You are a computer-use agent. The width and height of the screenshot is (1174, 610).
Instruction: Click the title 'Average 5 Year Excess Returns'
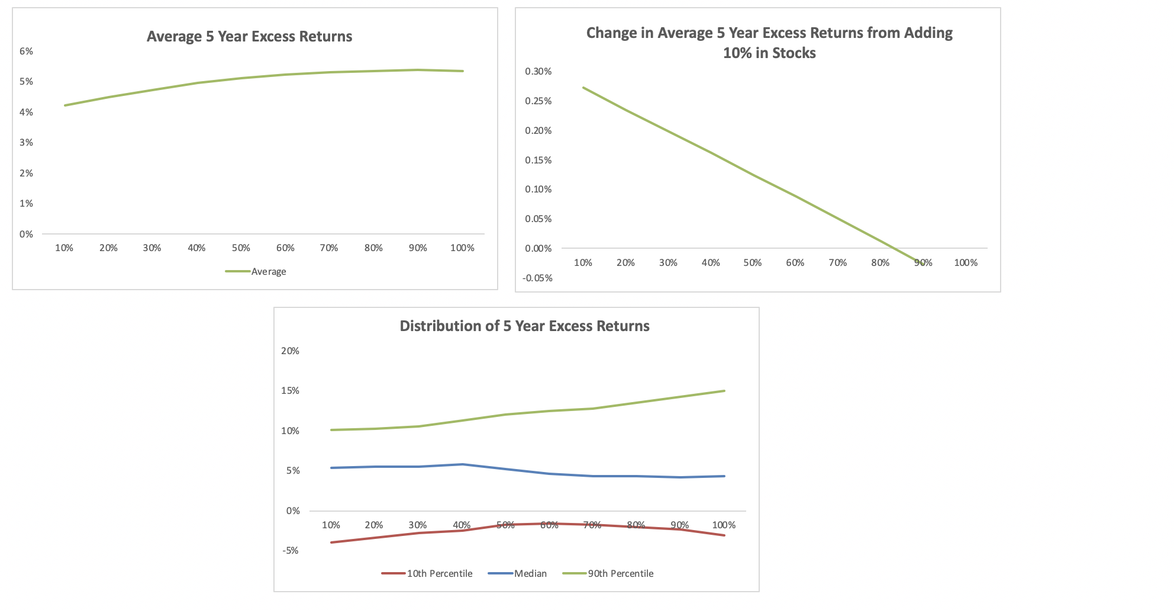[249, 37]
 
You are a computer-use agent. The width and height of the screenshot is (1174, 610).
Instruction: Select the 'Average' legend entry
[267, 272]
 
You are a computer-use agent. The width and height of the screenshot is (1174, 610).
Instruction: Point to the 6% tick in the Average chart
[26, 52]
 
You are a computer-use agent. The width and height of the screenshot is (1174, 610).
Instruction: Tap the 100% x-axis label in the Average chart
[462, 248]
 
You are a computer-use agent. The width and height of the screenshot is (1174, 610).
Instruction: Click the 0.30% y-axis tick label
[538, 72]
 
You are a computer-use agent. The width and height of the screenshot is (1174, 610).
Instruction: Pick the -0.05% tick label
[537, 278]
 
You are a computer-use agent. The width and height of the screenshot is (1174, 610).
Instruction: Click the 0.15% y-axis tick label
[538, 160]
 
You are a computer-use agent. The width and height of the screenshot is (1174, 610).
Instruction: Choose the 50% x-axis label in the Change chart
[753, 263]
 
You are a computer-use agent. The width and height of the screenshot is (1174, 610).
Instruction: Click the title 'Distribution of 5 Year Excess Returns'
[524, 326]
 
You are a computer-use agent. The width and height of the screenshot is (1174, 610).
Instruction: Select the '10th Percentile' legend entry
[439, 574]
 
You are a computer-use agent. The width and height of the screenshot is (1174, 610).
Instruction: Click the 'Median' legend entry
[530, 574]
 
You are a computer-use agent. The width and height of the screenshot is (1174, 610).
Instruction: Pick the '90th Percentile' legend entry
[620, 574]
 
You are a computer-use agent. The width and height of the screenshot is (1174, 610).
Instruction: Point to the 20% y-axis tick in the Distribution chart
[290, 351]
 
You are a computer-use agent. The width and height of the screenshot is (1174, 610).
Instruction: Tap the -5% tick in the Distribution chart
[290, 551]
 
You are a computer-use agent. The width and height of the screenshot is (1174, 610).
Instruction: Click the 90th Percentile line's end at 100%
[724, 391]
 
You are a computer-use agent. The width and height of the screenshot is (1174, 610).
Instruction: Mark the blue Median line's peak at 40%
[463, 464]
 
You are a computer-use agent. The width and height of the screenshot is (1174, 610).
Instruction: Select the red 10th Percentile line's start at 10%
[331, 542]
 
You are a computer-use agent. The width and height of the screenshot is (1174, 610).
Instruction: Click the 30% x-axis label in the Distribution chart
[418, 525]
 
